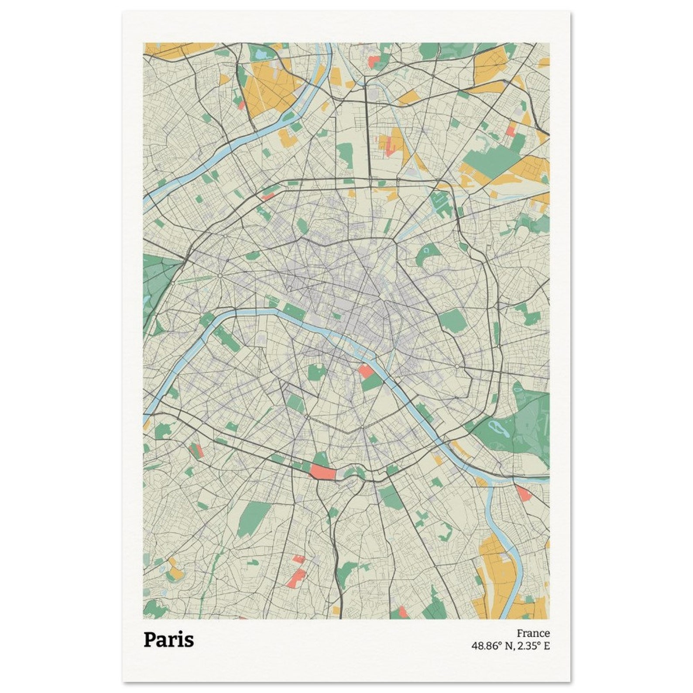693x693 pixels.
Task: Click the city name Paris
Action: click(168, 640)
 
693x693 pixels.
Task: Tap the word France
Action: click(533, 633)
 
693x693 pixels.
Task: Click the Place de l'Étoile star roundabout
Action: click(220, 276)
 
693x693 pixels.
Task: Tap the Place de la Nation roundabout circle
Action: click(456, 366)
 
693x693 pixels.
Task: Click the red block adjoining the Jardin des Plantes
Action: click(365, 371)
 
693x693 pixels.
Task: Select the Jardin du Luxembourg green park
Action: click(317, 372)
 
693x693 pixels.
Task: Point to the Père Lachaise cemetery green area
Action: click(452, 321)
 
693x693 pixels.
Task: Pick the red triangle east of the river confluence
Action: click(523, 493)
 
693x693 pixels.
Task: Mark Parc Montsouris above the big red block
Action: click(321, 458)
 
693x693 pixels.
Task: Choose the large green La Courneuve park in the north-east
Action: click(491, 159)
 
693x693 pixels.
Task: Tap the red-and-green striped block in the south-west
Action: click(196, 450)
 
